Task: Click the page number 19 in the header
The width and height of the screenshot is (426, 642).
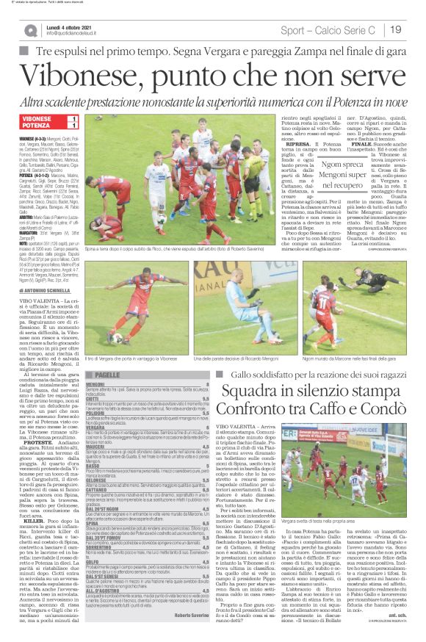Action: tap(394, 29)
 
